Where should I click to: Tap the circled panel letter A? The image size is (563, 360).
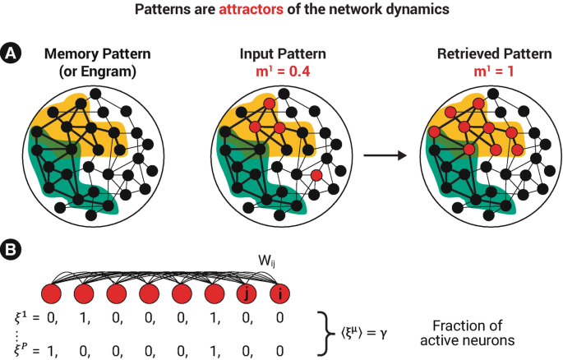coord(12,53)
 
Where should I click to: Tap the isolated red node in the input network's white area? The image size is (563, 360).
coord(316,175)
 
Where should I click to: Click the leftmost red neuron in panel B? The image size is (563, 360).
coord(52,293)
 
